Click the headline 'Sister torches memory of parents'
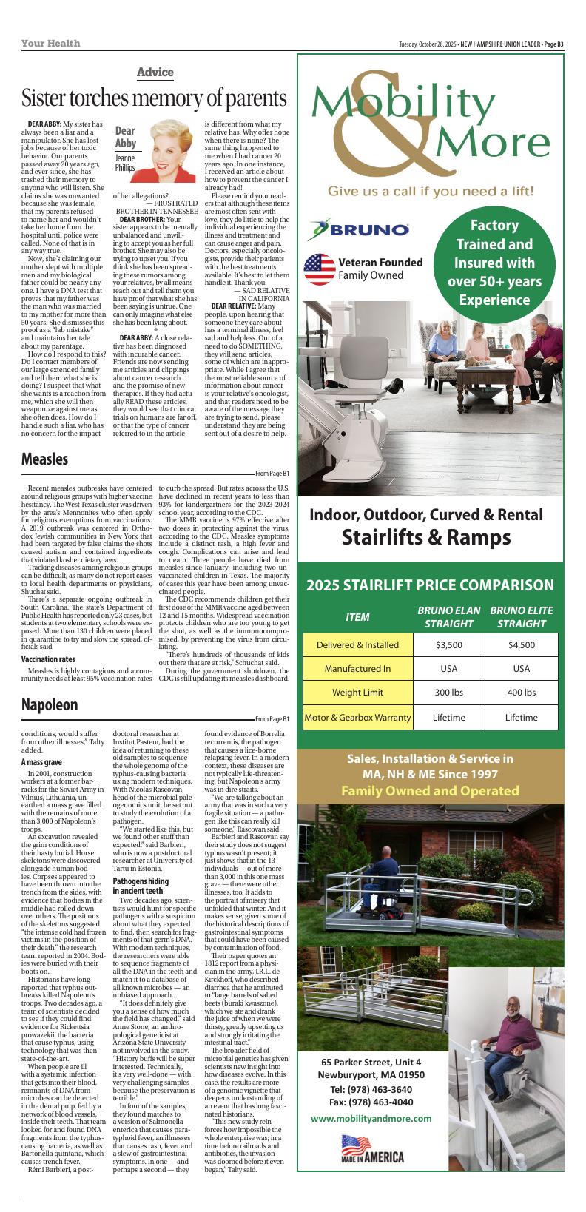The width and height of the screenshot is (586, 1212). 154,98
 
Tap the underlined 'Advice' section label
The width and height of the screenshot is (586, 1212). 155,72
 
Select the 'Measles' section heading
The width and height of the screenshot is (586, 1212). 44,459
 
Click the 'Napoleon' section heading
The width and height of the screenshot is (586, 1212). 50,704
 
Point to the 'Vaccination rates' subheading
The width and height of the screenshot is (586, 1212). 48,659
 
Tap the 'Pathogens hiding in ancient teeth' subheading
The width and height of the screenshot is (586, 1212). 141,886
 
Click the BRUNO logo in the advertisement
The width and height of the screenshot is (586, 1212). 358,229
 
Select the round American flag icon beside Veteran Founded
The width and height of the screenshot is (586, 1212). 320,269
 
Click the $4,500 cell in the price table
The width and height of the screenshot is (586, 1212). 521,644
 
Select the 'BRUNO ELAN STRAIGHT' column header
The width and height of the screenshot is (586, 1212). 448,617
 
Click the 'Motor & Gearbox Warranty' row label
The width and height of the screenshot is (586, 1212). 357,717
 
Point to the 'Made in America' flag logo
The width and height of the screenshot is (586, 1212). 371,1170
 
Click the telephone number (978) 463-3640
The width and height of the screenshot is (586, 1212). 371,1089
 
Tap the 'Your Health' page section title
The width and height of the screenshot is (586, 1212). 50,44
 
